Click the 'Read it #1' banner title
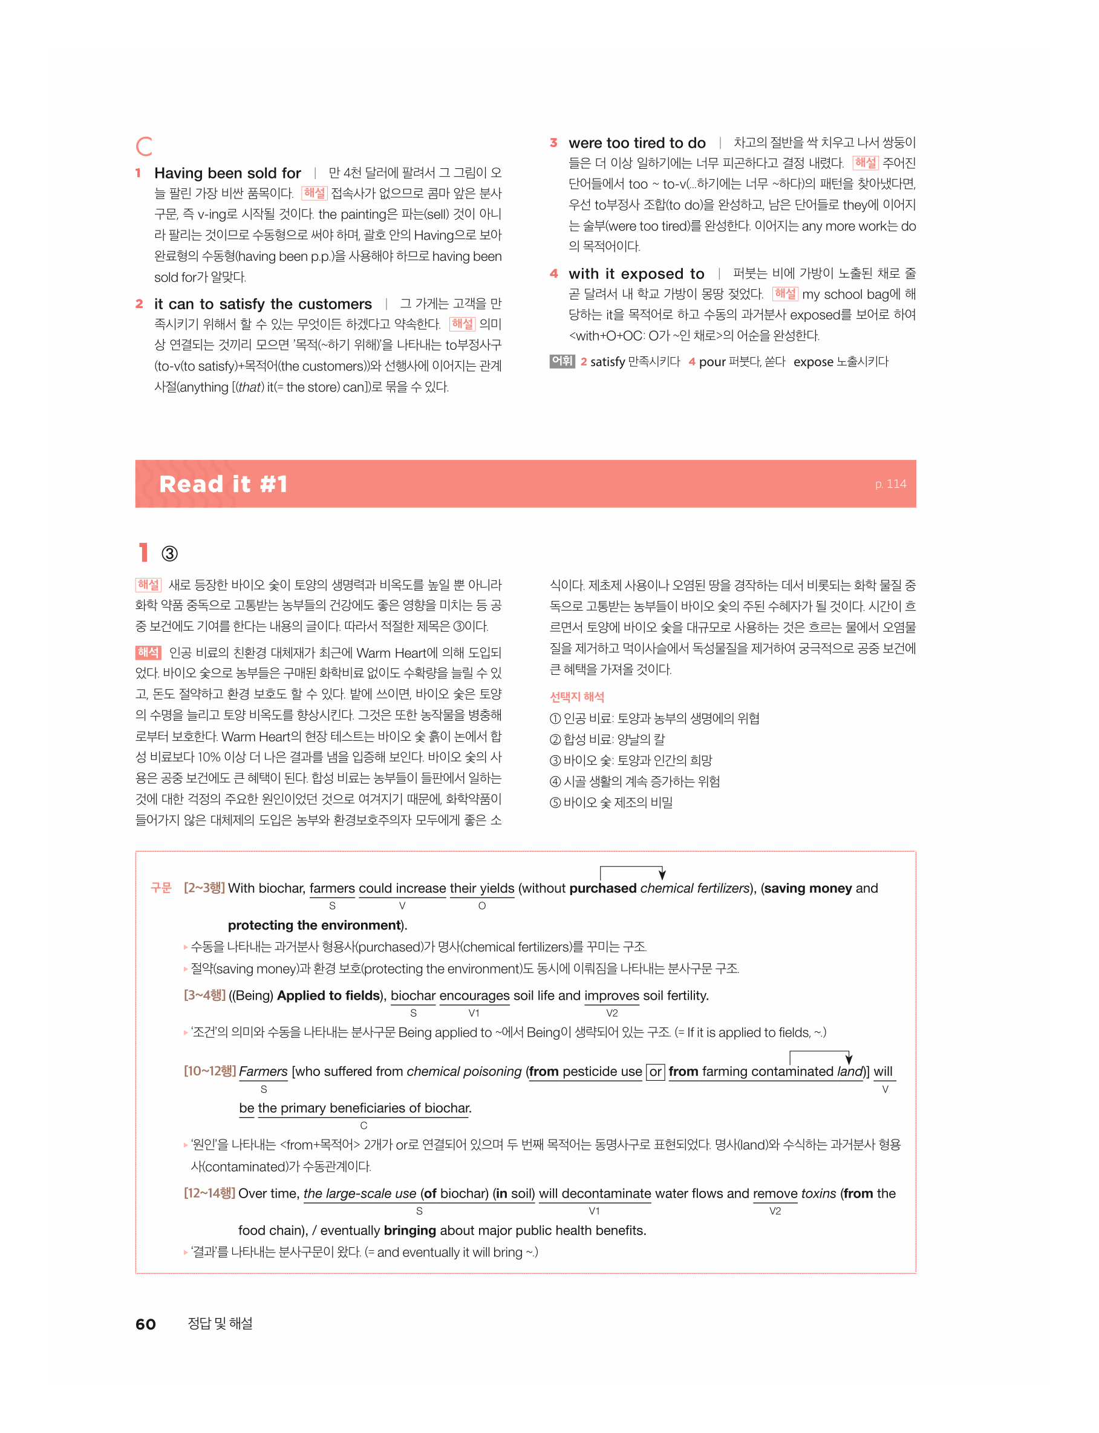223,484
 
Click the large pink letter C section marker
144,146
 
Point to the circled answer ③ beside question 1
169,554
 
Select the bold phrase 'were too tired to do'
636,143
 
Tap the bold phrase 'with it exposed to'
636,274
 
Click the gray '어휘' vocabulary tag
561,361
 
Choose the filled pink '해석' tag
148,652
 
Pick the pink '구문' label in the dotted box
161,888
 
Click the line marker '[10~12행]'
209,1071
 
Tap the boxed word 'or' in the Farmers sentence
655,1072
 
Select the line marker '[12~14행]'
209,1193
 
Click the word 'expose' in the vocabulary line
813,362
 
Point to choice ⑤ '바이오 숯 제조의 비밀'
611,802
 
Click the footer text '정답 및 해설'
220,1323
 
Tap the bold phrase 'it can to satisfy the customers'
263,304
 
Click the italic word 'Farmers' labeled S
263,1072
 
